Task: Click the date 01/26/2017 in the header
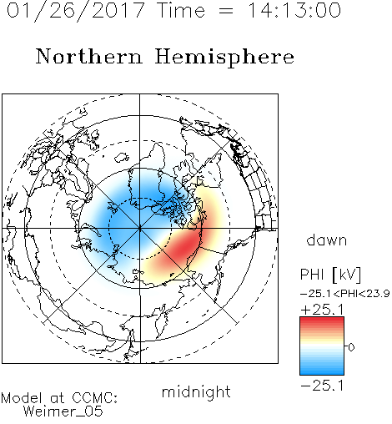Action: pos(76,11)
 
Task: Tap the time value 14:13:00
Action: pos(294,10)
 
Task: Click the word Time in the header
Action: pos(181,10)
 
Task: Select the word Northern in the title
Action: pos(89,57)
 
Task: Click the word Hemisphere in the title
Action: pos(224,57)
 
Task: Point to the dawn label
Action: pos(327,240)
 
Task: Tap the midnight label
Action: pos(196,391)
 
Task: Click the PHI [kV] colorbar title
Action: pos(330,275)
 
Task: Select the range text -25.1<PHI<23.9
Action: pos(345,294)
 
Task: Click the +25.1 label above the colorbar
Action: pos(323,310)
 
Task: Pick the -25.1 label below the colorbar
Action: pos(322,386)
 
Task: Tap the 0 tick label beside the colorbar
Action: pos(351,347)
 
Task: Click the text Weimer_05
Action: pos(63,411)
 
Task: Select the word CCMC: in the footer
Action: pos(94,398)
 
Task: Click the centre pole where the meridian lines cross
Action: pos(140,229)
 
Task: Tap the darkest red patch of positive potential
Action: pos(185,245)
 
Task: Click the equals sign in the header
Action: pos(226,11)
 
